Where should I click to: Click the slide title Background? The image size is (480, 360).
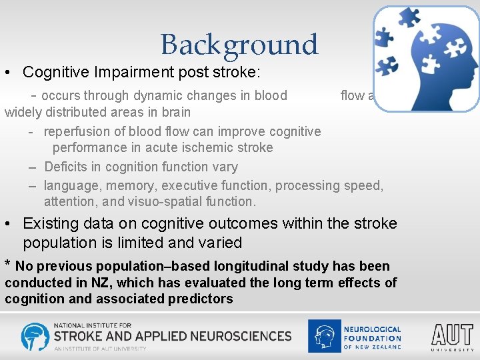tap(239, 45)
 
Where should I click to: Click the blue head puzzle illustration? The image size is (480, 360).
tap(426, 58)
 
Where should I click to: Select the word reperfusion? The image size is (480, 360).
tap(79, 132)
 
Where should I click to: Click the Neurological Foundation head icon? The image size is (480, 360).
tap(324, 336)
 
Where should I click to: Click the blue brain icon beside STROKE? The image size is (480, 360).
tap(35, 337)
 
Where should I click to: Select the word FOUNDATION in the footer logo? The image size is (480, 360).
tap(372, 338)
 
